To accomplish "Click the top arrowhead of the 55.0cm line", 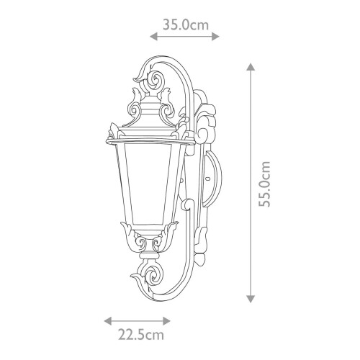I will point(251,67).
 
